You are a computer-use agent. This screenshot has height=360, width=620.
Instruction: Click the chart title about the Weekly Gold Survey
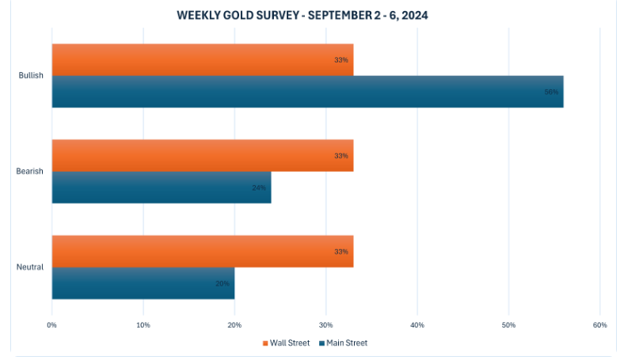point(302,15)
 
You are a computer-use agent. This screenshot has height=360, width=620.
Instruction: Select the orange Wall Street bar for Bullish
point(202,59)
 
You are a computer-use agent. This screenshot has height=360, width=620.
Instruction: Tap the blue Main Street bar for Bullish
point(307,92)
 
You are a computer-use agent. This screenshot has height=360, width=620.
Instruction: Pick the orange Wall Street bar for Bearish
point(202,156)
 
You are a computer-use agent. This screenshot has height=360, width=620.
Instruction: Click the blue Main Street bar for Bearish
point(162,188)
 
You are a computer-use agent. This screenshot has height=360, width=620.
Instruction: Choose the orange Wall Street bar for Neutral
point(202,252)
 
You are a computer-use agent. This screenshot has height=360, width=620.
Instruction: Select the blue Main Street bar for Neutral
point(143,283)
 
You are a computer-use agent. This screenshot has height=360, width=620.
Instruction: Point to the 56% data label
point(551,92)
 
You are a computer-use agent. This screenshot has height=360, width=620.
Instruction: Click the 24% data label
point(259,188)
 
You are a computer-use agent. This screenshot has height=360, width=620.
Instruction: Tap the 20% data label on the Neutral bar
point(223,283)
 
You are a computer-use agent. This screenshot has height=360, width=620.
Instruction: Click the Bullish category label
point(31,76)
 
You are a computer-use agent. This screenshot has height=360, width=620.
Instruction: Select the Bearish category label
point(30,172)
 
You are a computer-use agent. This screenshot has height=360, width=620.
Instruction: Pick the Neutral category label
point(30,267)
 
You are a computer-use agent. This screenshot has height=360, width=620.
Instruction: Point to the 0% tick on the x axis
point(51,325)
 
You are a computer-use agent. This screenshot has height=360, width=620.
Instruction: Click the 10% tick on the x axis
point(143,325)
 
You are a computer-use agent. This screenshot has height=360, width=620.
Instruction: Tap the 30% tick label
point(326,325)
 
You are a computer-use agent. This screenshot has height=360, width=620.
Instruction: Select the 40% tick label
point(417,325)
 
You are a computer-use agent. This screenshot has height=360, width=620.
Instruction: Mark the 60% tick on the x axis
point(599,325)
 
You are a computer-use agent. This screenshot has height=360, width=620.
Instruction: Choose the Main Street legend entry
point(344,343)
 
